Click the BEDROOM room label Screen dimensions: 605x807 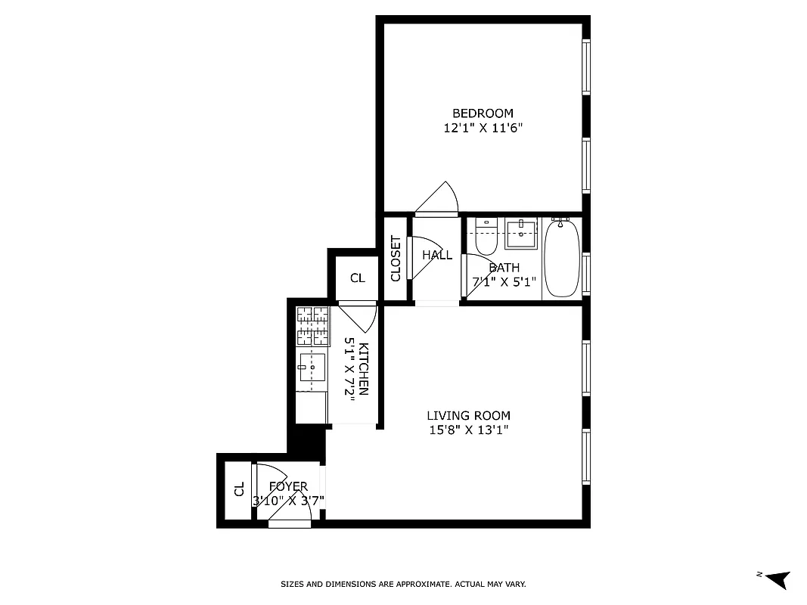[483, 113]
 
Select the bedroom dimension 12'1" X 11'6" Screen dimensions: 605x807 [483, 129]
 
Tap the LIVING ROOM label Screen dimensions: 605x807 [468, 415]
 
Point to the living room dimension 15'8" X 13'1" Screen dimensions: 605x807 [468, 430]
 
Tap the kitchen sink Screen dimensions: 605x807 [312, 367]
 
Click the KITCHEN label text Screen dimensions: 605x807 [364, 369]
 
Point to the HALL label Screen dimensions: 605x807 [437, 255]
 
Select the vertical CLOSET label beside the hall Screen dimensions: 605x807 [396, 259]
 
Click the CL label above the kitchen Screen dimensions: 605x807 [358, 278]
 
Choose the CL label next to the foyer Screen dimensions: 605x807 [239, 489]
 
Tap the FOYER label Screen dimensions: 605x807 [288, 486]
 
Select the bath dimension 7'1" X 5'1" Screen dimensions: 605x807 [504, 282]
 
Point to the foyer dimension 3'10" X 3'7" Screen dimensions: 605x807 [288, 500]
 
